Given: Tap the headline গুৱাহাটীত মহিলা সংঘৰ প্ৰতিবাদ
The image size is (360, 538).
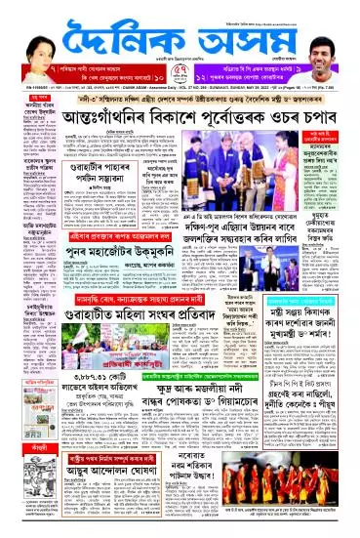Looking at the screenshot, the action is tap(133, 311).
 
